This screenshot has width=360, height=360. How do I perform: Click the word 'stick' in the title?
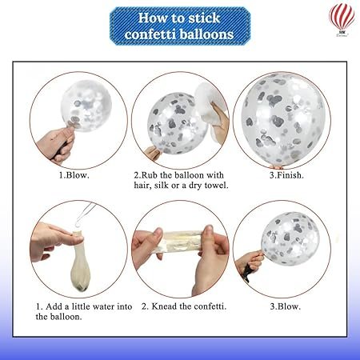pos(204,18)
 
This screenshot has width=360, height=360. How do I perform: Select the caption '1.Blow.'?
pos(74,175)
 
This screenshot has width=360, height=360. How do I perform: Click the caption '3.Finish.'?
pos(286,175)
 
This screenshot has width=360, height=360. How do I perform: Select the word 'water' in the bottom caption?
pos(102,306)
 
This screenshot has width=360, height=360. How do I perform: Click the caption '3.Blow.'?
pos(285,306)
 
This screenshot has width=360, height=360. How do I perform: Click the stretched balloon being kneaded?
pos(182,242)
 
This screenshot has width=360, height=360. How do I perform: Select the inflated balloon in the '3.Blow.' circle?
pos(290,238)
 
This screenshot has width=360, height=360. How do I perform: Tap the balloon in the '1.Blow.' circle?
pos(86,106)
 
